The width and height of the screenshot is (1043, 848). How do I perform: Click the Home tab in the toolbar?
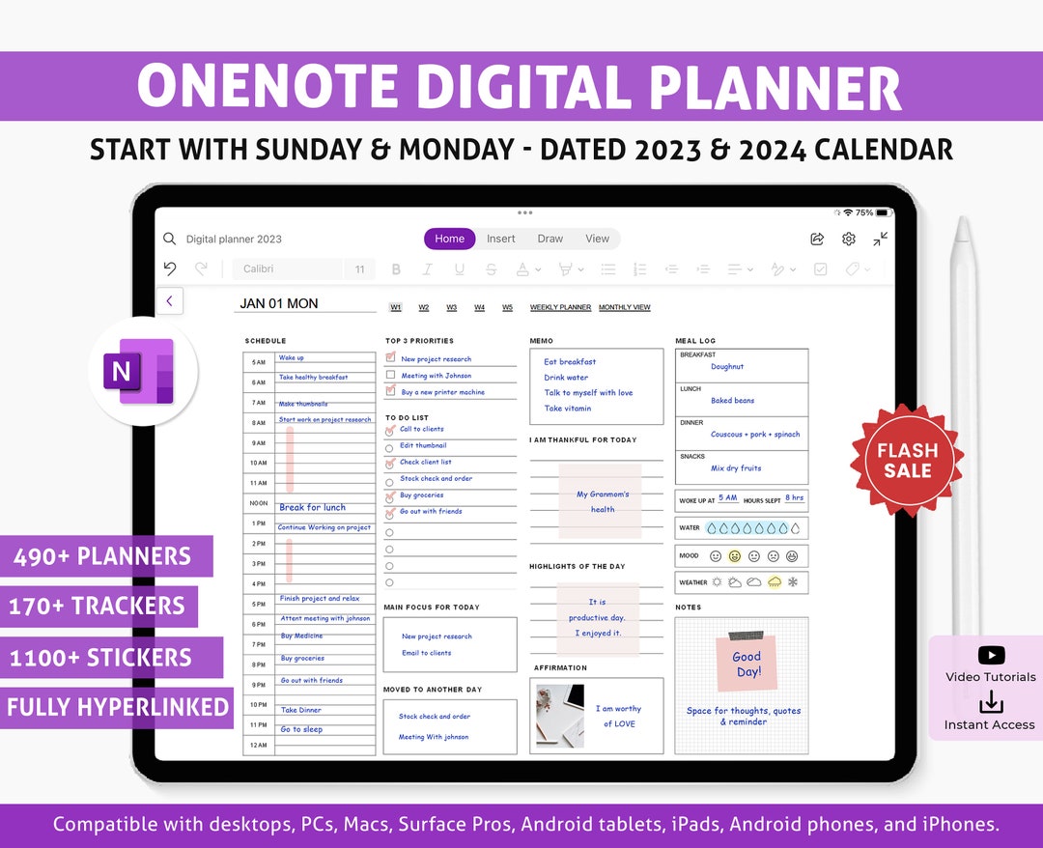[449, 239]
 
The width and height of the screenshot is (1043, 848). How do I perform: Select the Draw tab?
[550, 239]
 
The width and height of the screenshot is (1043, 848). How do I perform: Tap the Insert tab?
[500, 239]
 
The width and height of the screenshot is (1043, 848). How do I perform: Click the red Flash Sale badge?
[906, 461]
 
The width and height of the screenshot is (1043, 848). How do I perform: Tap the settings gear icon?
[849, 239]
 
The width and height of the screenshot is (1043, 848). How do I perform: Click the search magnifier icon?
[170, 239]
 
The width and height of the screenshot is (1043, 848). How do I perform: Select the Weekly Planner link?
[560, 307]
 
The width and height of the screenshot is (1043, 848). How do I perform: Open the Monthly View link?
[624, 307]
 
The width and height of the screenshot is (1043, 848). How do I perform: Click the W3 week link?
[451, 307]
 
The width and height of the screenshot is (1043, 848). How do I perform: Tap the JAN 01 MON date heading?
[279, 303]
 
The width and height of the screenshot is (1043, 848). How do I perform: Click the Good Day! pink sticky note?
[747, 664]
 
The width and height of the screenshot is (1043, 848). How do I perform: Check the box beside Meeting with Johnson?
[390, 375]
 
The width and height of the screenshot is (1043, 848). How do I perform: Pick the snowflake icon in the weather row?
[793, 582]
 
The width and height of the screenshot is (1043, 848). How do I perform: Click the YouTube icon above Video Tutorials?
[991, 656]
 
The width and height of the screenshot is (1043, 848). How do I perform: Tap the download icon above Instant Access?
[991, 702]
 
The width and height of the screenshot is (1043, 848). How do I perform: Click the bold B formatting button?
[396, 269]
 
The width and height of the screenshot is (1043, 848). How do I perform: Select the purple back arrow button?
[169, 301]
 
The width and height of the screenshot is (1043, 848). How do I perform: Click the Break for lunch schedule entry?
[312, 507]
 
